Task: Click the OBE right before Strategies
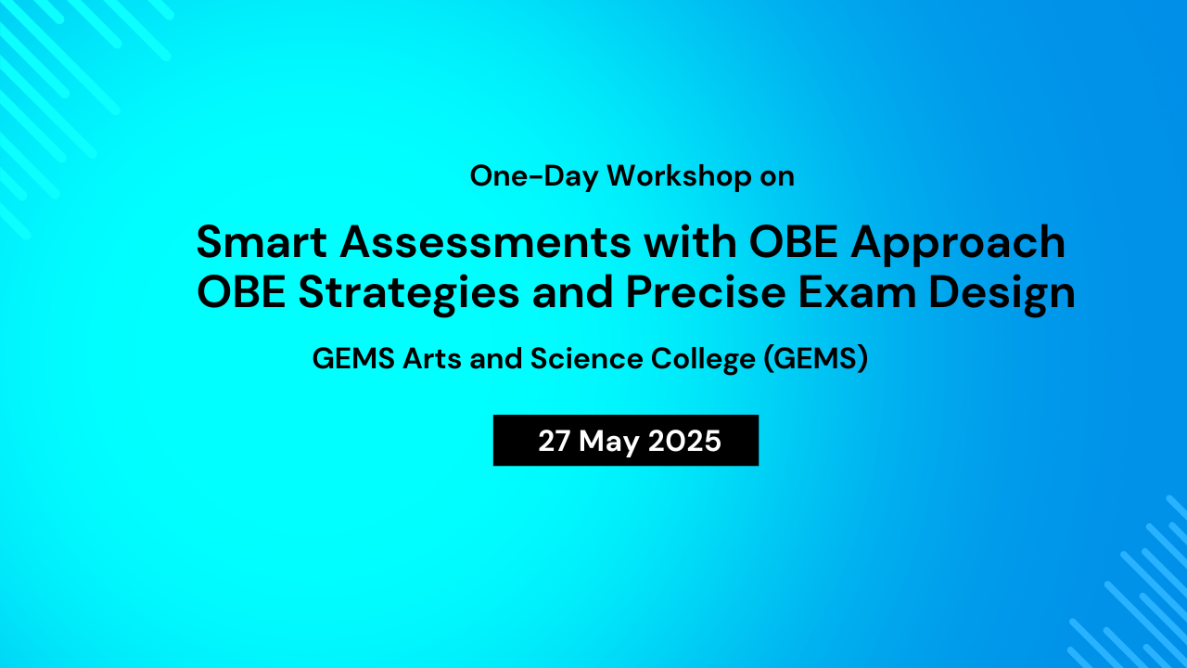(241, 293)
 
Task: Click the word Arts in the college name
(431, 359)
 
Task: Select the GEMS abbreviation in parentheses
(815, 359)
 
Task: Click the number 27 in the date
(554, 441)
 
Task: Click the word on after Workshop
(777, 176)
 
